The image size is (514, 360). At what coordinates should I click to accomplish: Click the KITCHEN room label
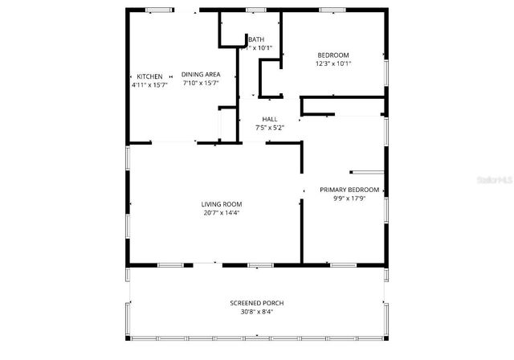pos(149,76)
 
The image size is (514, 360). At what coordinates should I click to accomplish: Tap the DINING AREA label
pos(201,75)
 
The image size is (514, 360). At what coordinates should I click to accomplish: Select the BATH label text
pos(256,39)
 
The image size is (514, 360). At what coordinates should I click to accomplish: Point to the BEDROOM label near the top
pos(333,55)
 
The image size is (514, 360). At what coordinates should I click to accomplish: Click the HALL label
pos(270,119)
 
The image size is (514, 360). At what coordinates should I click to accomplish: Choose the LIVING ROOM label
pos(222,204)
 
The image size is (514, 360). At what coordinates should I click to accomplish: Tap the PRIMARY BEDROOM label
pos(349,190)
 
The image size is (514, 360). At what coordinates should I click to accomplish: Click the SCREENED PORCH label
pos(257,303)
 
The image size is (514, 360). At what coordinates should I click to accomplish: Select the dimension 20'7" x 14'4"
pos(222,213)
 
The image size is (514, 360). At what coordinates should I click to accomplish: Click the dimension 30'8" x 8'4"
pos(257,312)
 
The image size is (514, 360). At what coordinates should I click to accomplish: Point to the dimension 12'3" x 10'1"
pos(333,63)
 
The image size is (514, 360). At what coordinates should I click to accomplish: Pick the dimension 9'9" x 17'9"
pos(349,199)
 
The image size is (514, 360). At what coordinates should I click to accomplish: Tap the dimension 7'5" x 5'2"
pos(270,128)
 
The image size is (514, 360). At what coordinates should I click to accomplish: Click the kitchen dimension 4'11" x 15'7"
pos(149,84)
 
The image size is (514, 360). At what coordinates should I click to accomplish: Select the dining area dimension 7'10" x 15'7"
pos(201,83)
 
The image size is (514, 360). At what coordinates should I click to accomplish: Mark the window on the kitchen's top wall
pos(158,10)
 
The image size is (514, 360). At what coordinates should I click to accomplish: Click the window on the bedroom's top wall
pos(332,10)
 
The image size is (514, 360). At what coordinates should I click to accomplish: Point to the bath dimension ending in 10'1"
pos(259,48)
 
